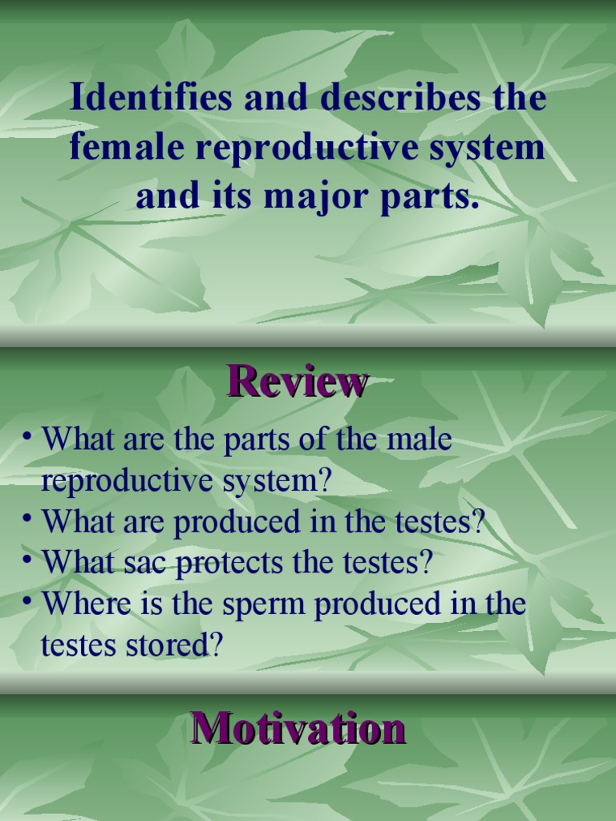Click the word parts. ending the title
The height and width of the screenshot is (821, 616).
pos(433,196)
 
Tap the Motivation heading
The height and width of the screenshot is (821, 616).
pos(298,730)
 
